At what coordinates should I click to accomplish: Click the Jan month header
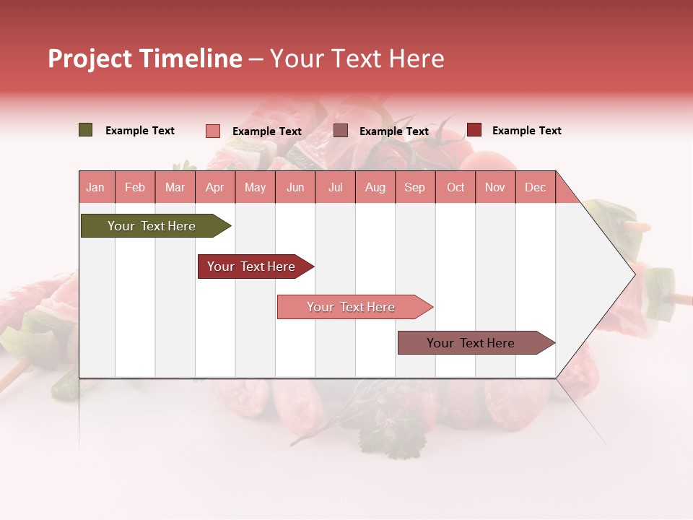pos(95,187)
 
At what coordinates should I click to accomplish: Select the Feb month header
pos(135,187)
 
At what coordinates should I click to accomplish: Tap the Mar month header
pos(175,187)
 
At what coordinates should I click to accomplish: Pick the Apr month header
pos(215,187)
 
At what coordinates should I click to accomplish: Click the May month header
pos(255,187)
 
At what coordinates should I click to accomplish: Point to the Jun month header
pos(295,187)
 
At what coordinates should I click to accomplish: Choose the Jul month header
pos(336,187)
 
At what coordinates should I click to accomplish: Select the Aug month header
pos(375,187)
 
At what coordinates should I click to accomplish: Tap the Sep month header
pos(415,187)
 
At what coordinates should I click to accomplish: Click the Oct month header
pos(456,187)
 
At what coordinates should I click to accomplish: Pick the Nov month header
pos(495,187)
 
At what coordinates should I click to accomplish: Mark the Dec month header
pos(536,187)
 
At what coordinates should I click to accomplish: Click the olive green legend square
pos(86,130)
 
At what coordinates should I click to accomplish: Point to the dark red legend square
pos(474,130)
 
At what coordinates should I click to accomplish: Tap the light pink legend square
pos(213,131)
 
